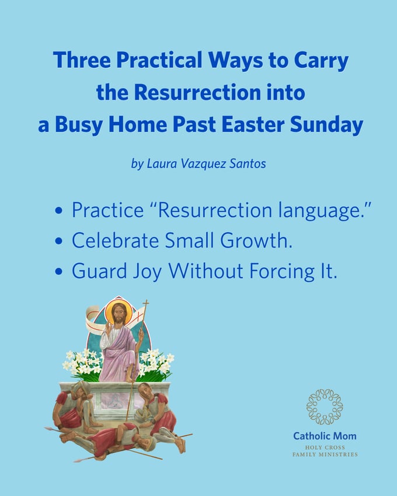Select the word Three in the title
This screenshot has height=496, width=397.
[x=82, y=60]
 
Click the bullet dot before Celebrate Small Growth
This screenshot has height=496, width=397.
[x=59, y=241]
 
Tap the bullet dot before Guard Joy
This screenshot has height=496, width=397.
[x=59, y=271]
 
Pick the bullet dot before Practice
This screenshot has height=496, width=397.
[x=59, y=211]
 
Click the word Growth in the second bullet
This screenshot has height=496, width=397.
[x=256, y=240]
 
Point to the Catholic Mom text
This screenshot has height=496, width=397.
[x=325, y=436]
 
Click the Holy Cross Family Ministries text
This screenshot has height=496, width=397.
[x=325, y=451]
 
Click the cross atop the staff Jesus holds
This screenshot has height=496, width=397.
[x=145, y=305]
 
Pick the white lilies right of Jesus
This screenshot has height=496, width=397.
[x=156, y=364]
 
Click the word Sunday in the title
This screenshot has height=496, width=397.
[x=326, y=125]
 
